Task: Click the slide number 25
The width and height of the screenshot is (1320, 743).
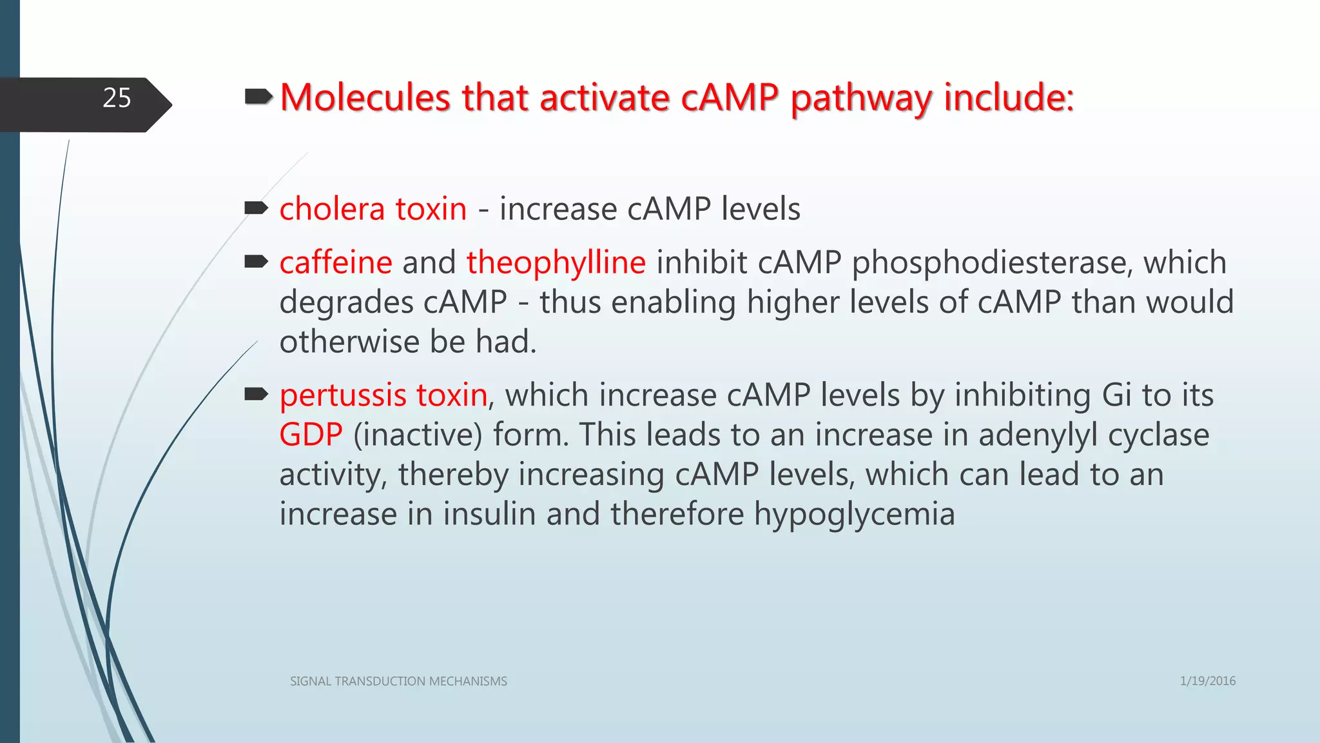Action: (x=117, y=98)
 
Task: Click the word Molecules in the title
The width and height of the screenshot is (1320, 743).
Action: (x=365, y=98)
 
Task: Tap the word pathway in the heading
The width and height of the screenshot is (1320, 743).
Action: (x=861, y=99)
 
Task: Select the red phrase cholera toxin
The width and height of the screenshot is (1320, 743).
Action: (x=373, y=209)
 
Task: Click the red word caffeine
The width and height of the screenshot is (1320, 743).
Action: (x=336, y=263)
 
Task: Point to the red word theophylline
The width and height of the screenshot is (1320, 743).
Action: (x=556, y=263)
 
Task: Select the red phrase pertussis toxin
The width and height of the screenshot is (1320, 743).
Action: (x=383, y=395)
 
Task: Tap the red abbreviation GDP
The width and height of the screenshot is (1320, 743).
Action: (x=311, y=435)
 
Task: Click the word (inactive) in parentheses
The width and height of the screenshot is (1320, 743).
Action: (x=418, y=435)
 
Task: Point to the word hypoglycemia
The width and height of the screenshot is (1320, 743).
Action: (x=854, y=514)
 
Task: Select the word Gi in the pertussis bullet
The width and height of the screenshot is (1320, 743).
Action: (x=1116, y=395)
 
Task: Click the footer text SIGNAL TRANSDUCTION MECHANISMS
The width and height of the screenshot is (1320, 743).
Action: (x=398, y=681)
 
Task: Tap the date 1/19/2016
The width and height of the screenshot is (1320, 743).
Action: (x=1207, y=681)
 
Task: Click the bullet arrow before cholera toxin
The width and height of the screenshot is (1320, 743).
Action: (x=257, y=208)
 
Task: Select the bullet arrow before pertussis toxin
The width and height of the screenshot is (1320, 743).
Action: (x=257, y=394)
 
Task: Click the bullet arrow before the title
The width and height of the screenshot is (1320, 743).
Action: (x=259, y=97)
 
